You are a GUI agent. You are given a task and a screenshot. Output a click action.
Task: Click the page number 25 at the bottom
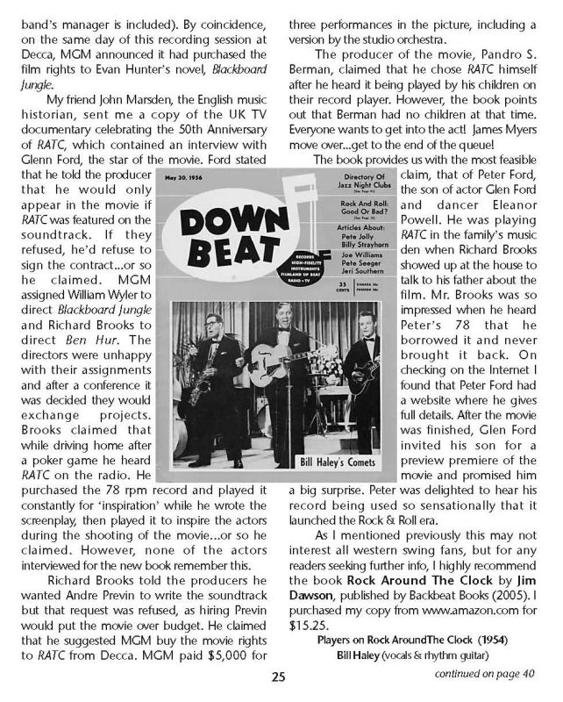(x=278, y=677)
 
